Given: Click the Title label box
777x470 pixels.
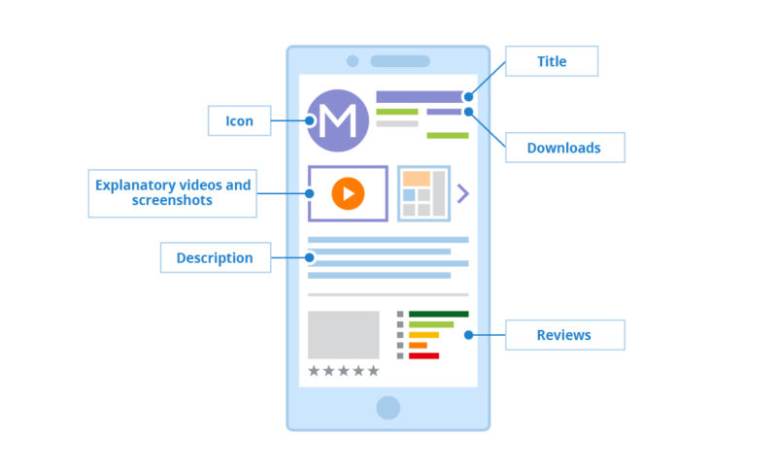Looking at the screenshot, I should pos(551,61).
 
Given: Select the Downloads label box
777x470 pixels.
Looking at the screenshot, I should pos(563,148).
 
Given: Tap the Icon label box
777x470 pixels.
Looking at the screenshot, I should pos(239,120).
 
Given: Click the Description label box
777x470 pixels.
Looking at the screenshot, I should pos(215,257).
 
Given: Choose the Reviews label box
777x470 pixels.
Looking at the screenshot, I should pos(563,334).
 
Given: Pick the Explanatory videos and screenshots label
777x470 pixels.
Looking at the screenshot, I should pos(172,192).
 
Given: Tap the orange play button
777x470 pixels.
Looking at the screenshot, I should pos(348,193).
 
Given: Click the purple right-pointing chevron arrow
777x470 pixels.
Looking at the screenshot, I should pos(462,193).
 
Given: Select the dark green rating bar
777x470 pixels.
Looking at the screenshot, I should pos(438,314).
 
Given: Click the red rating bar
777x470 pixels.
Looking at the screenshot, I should pos(423,355).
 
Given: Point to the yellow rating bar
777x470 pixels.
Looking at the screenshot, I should pos(423,335).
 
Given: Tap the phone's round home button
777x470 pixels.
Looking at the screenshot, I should pos(388,407).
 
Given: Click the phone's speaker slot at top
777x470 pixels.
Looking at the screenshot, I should pos(399,61).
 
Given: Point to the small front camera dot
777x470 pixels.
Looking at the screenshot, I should pos(353,61).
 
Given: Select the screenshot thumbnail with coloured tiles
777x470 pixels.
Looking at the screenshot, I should pos(423,193).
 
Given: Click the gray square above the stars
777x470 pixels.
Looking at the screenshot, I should pos(343,335).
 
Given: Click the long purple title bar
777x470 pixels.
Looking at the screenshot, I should pos(421,97).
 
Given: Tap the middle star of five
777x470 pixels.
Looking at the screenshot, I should pos(344,370).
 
